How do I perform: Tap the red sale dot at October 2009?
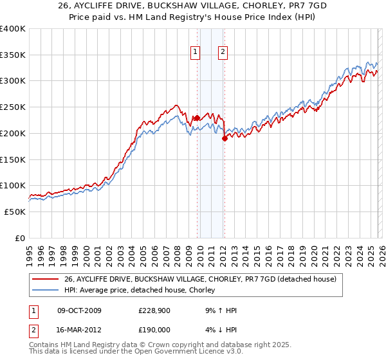pyautogui.click(x=197, y=118)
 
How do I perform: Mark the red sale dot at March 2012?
pyautogui.click(x=225, y=138)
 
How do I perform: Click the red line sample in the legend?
pyautogui.click(x=46, y=278)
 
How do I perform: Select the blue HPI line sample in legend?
pyautogui.click(x=46, y=291)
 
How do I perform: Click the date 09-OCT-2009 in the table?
pyautogui.click(x=80, y=310)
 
